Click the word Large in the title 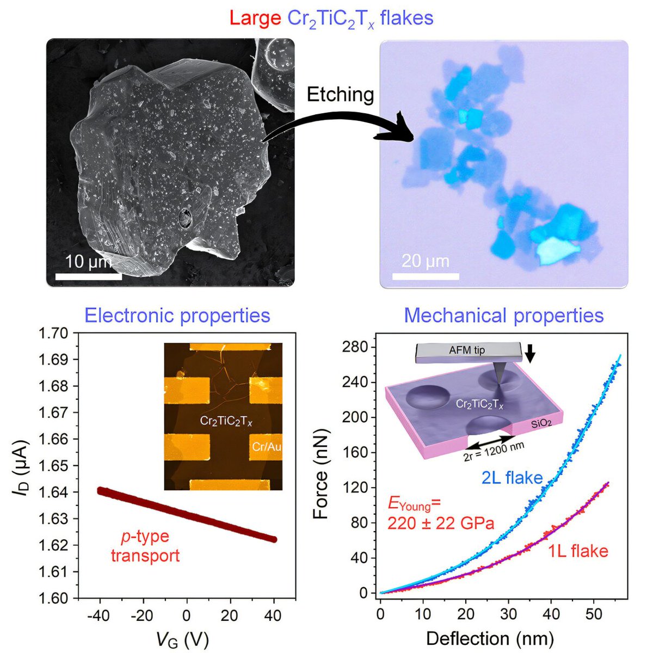(255, 18)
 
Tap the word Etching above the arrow (340, 95)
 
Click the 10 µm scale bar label (87, 262)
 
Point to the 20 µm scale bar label (425, 261)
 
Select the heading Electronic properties (177, 316)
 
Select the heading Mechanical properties (504, 316)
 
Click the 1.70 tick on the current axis (55, 333)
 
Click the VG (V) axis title (187, 638)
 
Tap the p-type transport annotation (145, 546)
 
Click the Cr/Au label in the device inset (266, 447)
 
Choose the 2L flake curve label (512, 478)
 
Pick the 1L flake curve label (577, 551)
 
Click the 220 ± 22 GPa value (441, 523)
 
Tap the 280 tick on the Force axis (356, 347)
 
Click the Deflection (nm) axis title (490, 638)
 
